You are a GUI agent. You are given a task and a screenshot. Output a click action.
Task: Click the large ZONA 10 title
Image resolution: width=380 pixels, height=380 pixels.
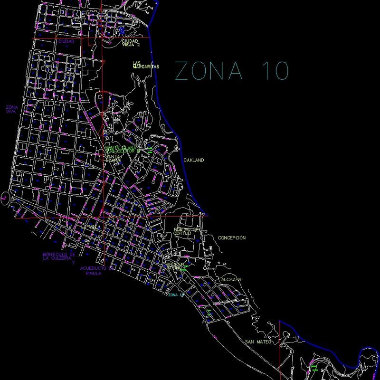coord(232,71)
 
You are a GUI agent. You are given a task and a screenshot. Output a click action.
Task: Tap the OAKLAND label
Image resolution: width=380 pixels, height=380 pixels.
coord(194,161)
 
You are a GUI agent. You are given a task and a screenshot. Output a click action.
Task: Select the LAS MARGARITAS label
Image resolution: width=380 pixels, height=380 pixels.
coord(145,65)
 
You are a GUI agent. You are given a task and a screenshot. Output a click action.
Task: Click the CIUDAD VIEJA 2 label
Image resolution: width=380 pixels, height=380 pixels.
coord(131,43)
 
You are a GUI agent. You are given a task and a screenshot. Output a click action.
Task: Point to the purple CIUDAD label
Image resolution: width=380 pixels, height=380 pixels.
coord(66,41)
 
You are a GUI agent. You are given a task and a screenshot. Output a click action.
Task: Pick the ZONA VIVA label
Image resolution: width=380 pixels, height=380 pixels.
coord(12,109)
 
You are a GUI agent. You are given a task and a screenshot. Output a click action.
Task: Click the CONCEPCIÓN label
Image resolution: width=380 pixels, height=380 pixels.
coord(232,237)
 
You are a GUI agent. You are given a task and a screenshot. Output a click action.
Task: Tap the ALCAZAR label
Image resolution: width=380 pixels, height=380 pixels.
coord(231,279)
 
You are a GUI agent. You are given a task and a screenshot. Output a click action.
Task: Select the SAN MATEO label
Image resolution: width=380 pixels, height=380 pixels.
coord(258,342)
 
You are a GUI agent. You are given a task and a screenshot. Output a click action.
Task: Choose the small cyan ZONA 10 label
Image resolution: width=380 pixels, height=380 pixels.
coord(176,295)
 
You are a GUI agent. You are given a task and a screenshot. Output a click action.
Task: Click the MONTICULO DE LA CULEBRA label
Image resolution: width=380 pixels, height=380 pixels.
coord(59,257)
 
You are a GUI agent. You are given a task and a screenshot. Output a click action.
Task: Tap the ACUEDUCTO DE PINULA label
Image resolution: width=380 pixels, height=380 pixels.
coord(96,271)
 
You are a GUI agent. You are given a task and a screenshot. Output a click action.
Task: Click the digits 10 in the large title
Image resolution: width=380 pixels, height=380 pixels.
coord(275,71)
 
